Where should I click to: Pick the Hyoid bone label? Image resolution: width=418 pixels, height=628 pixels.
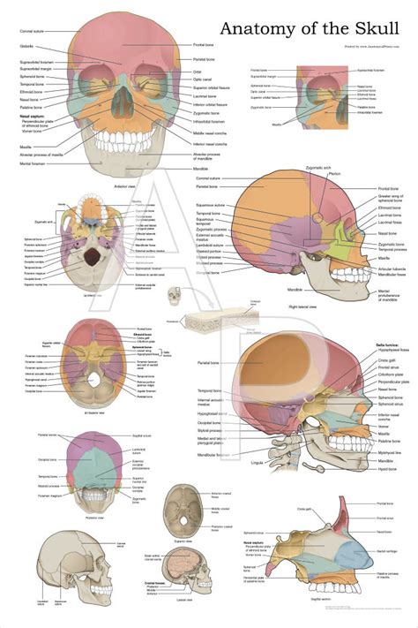(385, 470)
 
